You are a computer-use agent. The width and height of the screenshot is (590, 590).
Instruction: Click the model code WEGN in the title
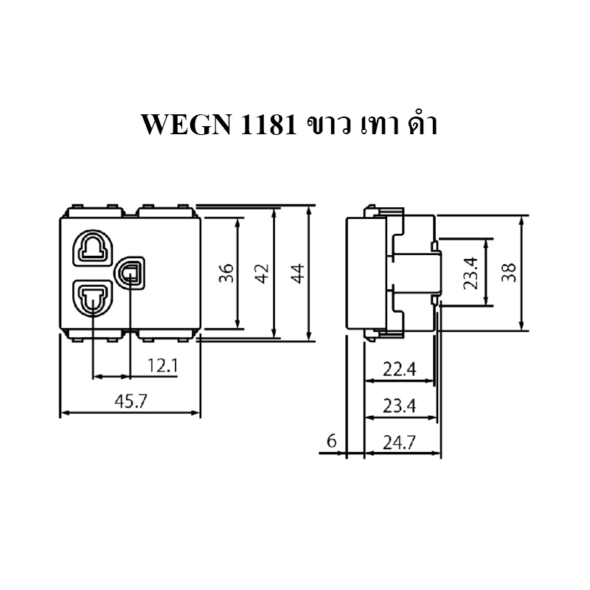[x=187, y=125]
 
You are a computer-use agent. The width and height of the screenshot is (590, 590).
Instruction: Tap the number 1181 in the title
[x=268, y=125]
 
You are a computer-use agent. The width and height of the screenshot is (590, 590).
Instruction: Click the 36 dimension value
[x=226, y=273]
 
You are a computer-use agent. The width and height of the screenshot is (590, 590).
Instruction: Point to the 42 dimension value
[x=262, y=273]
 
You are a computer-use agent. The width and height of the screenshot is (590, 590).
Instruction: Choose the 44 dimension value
[x=298, y=273]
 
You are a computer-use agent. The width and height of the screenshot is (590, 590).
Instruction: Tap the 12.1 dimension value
[x=162, y=365]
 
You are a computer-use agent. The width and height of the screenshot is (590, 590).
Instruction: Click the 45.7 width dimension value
[x=131, y=401]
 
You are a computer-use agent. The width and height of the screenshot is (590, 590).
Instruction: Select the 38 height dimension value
[x=509, y=273]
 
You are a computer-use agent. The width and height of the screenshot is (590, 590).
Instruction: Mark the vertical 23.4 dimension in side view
[x=471, y=273]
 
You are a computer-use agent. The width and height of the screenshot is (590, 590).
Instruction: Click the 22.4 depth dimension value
[x=400, y=369]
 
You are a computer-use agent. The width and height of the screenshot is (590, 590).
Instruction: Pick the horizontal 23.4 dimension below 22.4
[x=400, y=406]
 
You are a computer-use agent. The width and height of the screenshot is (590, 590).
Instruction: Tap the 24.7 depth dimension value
[x=400, y=442]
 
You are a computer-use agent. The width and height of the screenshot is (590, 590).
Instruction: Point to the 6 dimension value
[x=331, y=441]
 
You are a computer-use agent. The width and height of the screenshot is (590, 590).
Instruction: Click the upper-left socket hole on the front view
[x=93, y=249]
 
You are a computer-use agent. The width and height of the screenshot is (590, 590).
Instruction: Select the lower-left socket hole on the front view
[x=93, y=298]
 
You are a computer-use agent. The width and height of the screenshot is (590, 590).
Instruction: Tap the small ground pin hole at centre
[x=131, y=273]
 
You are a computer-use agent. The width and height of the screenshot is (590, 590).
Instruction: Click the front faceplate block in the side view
[x=366, y=273]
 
